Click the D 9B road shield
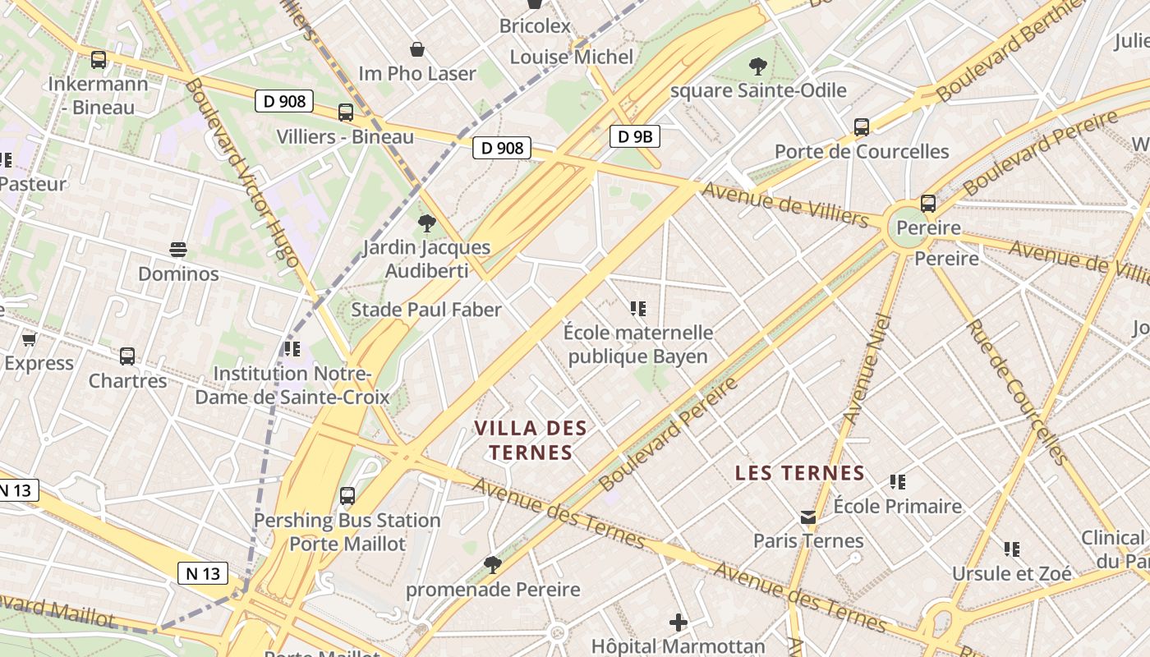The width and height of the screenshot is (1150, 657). coord(634,136)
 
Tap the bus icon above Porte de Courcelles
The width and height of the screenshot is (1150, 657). coord(862,127)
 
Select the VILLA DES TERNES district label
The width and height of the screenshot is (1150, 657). coord(531,440)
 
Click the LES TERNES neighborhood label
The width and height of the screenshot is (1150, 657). coord(799,473)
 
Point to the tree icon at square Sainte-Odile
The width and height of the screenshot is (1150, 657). coord(757,66)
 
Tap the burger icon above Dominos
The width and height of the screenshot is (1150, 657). coord(178,249)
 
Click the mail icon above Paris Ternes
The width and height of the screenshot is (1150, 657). coord(808,517)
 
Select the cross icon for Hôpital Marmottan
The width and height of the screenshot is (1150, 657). coord(678,623)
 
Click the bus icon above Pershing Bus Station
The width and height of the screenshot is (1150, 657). coord(347,496)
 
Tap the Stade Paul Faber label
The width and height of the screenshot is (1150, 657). coord(425,310)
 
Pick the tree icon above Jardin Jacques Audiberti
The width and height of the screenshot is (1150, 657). coord(426,223)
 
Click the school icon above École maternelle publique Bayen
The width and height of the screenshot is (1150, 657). coord(637,309)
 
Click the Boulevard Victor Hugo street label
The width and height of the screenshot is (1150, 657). coord(241,172)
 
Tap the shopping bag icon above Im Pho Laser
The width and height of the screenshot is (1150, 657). coord(417,49)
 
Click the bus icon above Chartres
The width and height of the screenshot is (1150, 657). coord(127,356)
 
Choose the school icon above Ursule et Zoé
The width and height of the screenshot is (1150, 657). coord(1011,549)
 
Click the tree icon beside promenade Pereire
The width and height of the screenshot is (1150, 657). coord(493,564)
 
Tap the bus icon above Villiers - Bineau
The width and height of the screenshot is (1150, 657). coord(345,113)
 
